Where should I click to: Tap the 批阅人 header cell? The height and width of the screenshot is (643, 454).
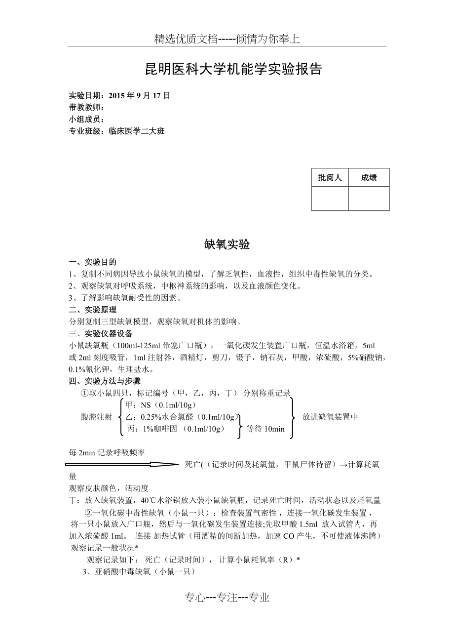[330, 178]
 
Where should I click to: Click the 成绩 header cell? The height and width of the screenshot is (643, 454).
[369, 178]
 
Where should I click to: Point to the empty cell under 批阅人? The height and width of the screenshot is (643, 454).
[330, 199]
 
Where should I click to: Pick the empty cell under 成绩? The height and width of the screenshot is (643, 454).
[369, 199]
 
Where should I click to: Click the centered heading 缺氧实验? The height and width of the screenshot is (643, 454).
[227, 244]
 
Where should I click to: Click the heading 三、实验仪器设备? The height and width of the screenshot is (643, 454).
[101, 333]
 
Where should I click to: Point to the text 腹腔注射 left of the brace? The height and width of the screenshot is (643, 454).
[97, 417]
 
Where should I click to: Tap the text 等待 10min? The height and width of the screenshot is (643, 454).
[265, 429]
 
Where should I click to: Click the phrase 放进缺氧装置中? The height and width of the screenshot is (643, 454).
[330, 417]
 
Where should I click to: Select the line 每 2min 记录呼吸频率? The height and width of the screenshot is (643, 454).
[107, 452]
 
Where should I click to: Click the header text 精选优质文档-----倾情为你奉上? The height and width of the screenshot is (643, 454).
[227, 39]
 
